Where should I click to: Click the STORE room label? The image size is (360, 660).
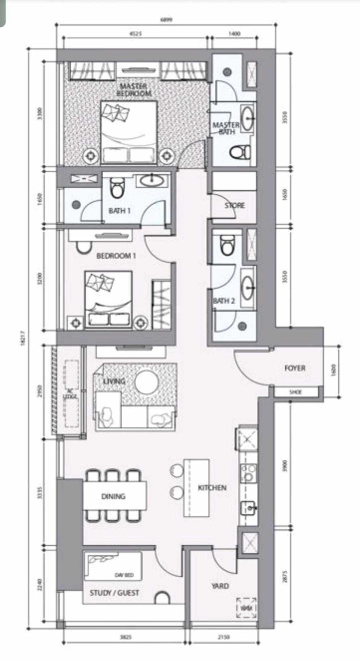(235, 205)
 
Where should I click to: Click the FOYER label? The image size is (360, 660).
(295, 368)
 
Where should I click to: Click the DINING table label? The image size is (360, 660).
(113, 496)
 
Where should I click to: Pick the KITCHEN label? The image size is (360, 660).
(212, 488)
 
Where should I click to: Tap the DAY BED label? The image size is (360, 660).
(122, 575)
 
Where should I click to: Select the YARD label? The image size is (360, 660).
(220, 586)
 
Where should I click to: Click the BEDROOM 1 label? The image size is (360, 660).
(116, 256)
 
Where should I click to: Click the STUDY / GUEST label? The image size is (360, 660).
(114, 593)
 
